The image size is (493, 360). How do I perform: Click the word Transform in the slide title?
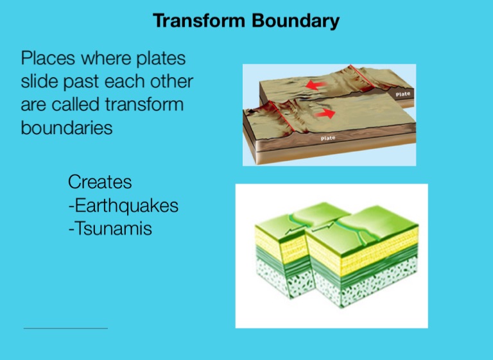click(199, 21)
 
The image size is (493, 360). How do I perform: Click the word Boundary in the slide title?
click(295, 21)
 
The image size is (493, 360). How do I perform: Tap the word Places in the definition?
click(48, 58)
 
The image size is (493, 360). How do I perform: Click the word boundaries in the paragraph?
click(67, 127)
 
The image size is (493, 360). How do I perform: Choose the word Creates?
click(100, 182)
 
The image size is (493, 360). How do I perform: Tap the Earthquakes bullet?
click(123, 205)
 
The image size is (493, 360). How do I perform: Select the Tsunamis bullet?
click(110, 228)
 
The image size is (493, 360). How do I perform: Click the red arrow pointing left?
click(316, 85)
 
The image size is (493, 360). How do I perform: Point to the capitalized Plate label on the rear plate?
click(402, 94)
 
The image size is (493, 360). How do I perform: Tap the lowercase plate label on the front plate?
click(328, 138)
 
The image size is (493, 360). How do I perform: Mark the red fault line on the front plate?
click(282, 116)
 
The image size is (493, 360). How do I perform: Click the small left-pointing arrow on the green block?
click(291, 231)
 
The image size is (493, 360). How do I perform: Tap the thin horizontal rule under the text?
click(65, 329)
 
